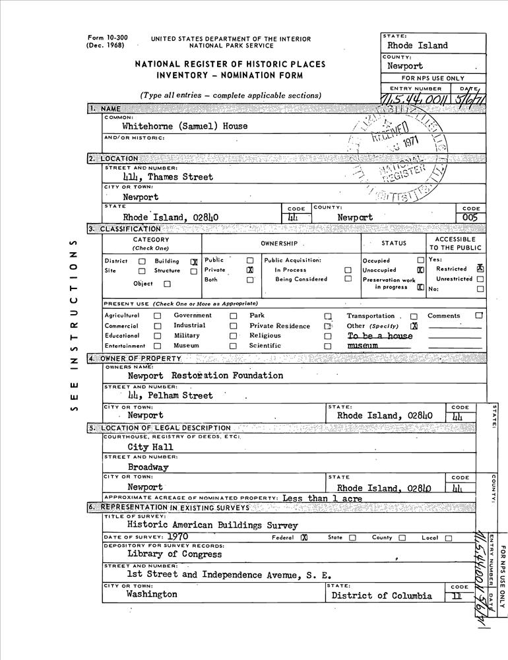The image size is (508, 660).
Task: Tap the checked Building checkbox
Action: click(x=194, y=261)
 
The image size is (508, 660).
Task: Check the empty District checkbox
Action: click(x=143, y=261)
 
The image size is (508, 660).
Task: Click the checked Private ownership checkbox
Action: click(x=250, y=270)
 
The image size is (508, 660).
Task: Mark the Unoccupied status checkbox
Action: click(x=420, y=270)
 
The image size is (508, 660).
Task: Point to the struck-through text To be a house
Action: click(x=379, y=336)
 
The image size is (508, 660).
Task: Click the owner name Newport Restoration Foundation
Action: click(x=205, y=376)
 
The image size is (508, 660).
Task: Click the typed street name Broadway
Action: click(x=148, y=467)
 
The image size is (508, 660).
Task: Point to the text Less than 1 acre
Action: click(x=322, y=498)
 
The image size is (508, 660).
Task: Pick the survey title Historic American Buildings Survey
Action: click(x=212, y=526)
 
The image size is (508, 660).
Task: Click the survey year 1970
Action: click(x=178, y=537)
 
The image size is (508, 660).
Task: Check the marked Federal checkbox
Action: click(x=304, y=538)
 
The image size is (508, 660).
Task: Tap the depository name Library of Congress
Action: click(x=175, y=554)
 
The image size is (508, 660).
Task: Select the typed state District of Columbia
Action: click(x=382, y=595)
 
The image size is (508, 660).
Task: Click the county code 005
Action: click(x=470, y=217)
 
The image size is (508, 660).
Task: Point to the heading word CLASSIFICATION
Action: click(x=129, y=229)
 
